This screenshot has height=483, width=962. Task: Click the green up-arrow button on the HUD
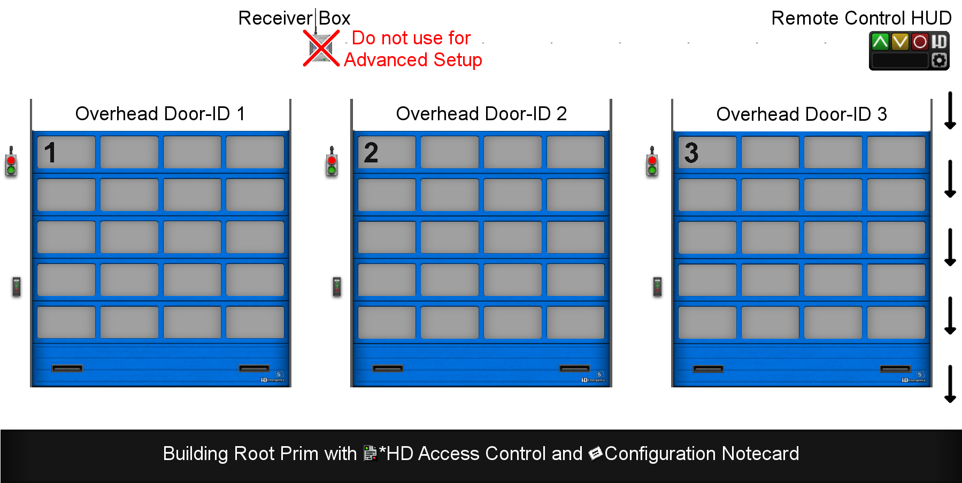[880, 42]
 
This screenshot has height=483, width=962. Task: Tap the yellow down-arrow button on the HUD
[900, 42]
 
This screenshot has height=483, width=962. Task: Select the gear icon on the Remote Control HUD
[939, 60]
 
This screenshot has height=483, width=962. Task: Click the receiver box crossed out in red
[321, 48]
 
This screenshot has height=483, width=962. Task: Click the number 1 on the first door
[50, 153]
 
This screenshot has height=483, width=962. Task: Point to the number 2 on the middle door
[371, 153]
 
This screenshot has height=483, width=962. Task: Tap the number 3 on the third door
[691, 153]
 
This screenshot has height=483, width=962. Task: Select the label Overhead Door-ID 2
[481, 114]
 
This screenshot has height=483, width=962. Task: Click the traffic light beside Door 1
[11, 162]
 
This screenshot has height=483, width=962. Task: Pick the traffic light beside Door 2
[332, 162]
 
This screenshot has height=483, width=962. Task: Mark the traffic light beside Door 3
[652, 162]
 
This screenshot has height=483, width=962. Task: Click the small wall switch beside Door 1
[17, 287]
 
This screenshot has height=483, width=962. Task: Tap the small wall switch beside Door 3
[657, 287]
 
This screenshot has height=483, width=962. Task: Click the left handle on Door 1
[67, 368]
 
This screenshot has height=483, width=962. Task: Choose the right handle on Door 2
[574, 368]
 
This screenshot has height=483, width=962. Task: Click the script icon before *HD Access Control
[370, 453]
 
